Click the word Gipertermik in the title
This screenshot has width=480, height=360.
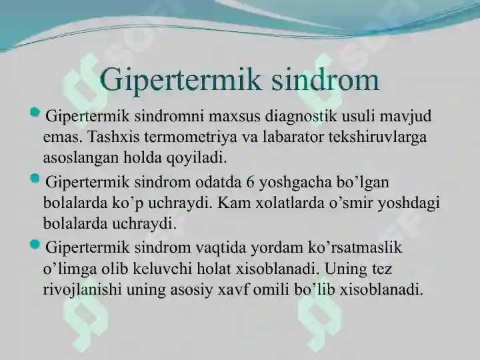[181, 81]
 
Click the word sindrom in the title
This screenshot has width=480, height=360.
[325, 79]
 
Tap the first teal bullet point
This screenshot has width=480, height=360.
[35, 113]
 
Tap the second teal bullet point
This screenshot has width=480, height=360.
[35, 178]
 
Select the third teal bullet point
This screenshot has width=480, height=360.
[35, 244]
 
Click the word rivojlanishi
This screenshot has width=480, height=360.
[82, 289]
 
